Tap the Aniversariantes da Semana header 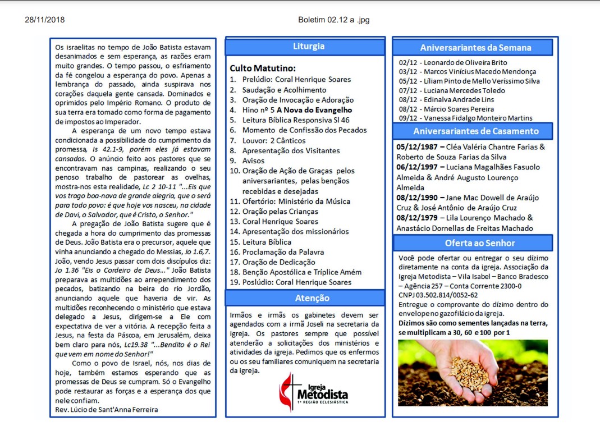475,48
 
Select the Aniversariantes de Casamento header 475,131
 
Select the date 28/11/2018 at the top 45,20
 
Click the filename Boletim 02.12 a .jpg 333,20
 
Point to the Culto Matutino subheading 263,68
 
